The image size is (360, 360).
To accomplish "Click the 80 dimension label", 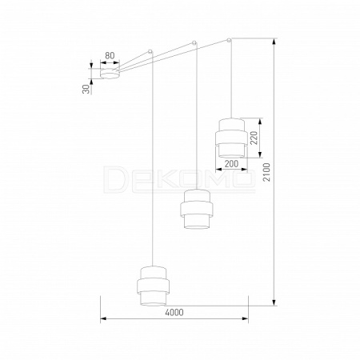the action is pos(110,56).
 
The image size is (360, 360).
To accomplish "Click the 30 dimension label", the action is pos(86,89).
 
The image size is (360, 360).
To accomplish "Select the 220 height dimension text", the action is pos(254,138).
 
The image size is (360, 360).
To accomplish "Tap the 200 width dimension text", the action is pos(231,164).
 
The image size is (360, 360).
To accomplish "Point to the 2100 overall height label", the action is pos(266,172).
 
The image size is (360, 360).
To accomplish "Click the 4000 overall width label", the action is pos(174,312).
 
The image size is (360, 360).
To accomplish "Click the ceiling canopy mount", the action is pos(110,74).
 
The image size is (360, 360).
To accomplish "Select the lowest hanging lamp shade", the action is pos(153,286).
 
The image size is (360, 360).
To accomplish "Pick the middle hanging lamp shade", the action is pos(196,209).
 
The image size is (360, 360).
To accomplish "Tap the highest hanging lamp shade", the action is pos(231,138).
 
